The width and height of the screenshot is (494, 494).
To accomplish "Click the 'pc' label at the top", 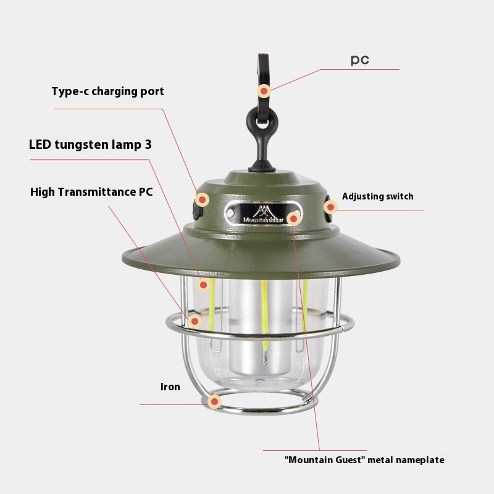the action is pos(359,59).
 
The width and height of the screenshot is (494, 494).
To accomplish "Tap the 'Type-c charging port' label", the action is pos(107,91).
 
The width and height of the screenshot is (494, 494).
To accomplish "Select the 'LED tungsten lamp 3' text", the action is pos(90,144).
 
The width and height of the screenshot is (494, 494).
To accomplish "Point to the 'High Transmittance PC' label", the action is pos(91,192).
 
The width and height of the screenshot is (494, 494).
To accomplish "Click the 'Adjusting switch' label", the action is pos(378,196).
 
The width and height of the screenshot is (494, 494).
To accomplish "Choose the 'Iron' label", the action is pos(170,387).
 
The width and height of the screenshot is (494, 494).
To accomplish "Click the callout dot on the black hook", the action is pos(264,91).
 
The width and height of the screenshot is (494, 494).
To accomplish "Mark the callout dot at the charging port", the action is pos(203,199).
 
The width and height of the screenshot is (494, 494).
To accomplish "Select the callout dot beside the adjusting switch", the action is pos(330,207).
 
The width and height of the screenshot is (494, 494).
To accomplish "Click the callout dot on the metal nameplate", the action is pos(294,219).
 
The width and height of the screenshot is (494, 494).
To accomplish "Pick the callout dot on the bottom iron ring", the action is pos(214,402).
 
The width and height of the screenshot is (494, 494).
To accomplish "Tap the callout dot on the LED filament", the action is pos(203,285).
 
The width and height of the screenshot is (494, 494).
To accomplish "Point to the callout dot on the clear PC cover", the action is pos(195,321).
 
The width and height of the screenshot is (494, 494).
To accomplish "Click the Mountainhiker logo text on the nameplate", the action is pos(263,220).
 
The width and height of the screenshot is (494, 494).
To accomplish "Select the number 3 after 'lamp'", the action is pos(148,144).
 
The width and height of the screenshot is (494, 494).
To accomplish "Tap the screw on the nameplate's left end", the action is pos(230,213).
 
